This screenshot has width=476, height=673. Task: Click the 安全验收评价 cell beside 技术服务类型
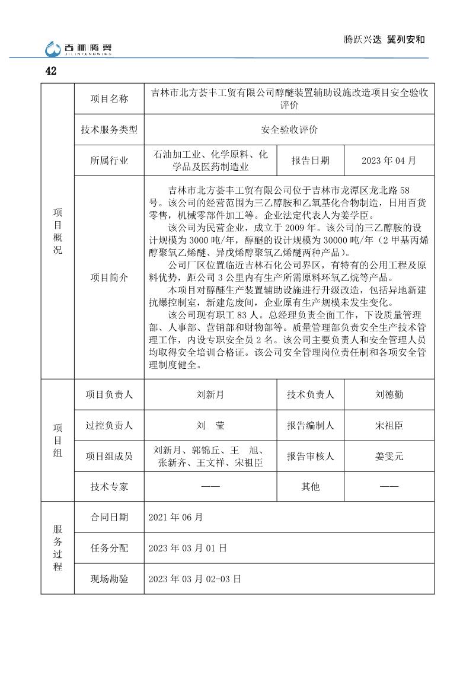[x=289, y=130]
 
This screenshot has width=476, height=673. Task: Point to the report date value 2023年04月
[x=389, y=161]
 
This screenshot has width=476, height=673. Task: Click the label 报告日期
[x=310, y=161]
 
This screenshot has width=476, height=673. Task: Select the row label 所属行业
[x=109, y=161]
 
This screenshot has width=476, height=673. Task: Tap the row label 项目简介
[x=109, y=278]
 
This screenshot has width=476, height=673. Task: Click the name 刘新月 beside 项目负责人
[x=210, y=394]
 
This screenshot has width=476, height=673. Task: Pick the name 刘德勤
[x=389, y=394]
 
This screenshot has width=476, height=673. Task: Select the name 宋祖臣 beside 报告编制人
[x=389, y=425]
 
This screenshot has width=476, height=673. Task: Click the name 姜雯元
[x=389, y=456]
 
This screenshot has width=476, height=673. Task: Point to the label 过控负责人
[x=109, y=425]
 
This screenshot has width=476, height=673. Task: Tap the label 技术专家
[x=109, y=487]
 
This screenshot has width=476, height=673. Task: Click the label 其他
[x=310, y=487]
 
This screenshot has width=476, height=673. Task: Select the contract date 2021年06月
[x=176, y=517]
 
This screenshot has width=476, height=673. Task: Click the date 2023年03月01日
[x=188, y=548]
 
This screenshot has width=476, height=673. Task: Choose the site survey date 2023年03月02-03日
[x=194, y=579]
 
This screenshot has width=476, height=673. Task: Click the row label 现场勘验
[x=109, y=579]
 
